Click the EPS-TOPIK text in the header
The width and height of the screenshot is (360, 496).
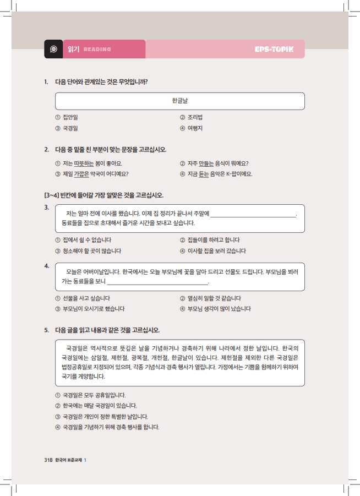(x=274, y=50)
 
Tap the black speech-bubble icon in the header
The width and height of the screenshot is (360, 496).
(x=53, y=50)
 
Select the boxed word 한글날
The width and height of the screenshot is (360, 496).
(x=180, y=101)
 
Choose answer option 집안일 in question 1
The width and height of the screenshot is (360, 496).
(x=70, y=117)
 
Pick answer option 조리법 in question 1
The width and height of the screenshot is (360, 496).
(x=195, y=117)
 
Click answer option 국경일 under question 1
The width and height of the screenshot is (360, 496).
(x=70, y=128)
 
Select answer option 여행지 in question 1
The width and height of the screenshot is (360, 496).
(x=195, y=128)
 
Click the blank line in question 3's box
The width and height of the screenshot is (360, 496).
(x=253, y=215)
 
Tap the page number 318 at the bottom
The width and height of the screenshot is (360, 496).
(x=48, y=460)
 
